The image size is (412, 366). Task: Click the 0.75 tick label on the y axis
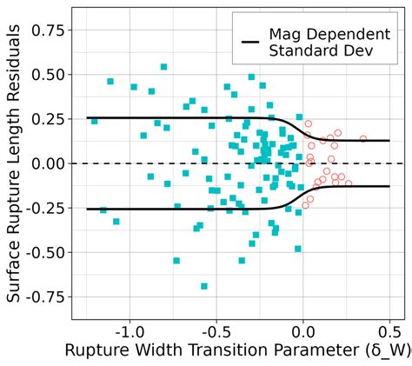(49, 30)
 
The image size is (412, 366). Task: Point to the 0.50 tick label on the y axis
(49, 74)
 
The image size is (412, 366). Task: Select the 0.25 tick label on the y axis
(49, 118)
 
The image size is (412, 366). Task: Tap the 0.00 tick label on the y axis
(49, 163)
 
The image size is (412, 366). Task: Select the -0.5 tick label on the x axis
(216, 332)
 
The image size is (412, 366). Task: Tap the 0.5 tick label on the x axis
(389, 332)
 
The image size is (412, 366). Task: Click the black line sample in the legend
(250, 42)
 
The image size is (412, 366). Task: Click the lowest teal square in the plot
(204, 286)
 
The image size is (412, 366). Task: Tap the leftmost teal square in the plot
(94, 121)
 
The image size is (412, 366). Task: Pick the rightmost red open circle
(363, 138)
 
